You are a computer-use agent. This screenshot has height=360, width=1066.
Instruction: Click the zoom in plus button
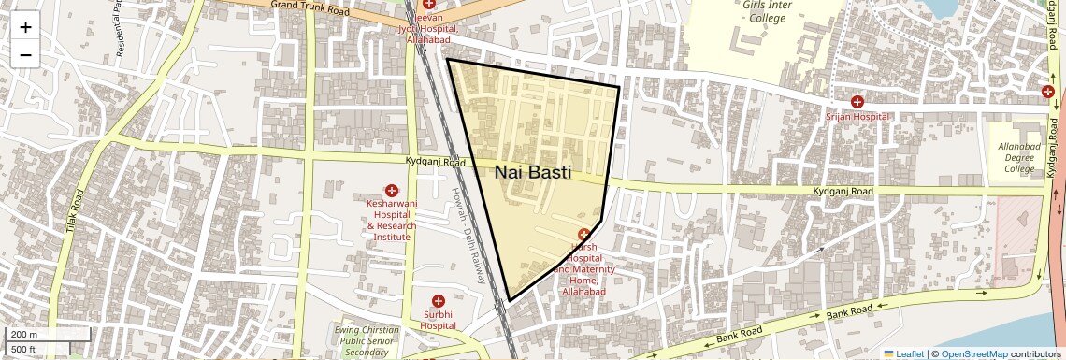(25, 27)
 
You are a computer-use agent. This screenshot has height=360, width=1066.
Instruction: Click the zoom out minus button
(25, 54)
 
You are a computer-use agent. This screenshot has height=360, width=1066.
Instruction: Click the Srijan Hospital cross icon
(857, 102)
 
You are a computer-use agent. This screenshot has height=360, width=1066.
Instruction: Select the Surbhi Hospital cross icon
(438, 301)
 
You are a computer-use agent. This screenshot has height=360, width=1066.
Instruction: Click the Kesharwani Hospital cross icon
(392, 191)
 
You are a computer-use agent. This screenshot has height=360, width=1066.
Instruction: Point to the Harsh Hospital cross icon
(584, 234)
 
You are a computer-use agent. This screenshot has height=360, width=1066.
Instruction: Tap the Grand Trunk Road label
(310, 8)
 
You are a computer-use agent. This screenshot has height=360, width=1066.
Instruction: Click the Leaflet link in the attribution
(909, 353)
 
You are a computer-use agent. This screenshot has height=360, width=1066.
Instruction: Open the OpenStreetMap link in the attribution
(973, 353)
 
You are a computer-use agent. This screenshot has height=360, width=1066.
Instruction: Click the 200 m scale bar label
(24, 335)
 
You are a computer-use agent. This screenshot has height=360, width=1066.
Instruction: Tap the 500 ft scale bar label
(24, 350)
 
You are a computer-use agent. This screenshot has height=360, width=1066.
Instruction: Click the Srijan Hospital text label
(857, 117)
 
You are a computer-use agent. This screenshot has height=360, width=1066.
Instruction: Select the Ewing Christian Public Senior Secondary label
(366, 340)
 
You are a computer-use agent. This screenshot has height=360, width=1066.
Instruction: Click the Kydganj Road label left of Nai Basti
(435, 162)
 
